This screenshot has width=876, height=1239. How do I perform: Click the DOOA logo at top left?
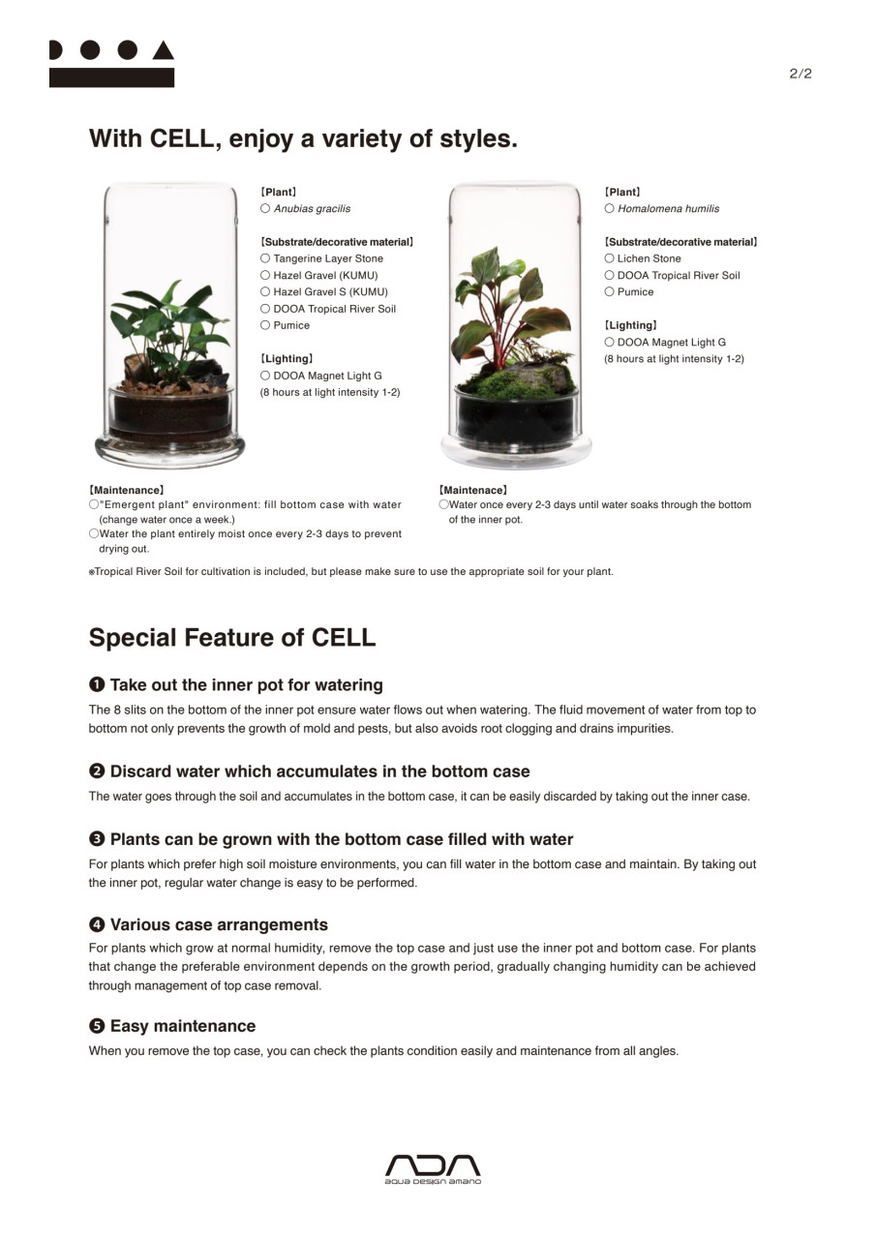111,64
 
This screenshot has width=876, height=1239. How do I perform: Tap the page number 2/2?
800,74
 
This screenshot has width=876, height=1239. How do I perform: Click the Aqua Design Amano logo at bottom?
433,1168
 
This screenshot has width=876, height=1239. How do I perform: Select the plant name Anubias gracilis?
312,209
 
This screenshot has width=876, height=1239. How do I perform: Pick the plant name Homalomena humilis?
668,209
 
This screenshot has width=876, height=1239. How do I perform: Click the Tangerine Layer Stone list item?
328,258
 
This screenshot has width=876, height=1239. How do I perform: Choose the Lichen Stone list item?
649,258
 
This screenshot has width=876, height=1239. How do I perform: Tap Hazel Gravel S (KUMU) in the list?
330,292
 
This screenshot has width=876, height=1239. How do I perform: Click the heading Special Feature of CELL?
232,638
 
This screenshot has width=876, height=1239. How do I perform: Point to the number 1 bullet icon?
97,685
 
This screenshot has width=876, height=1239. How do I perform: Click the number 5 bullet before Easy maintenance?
97,1026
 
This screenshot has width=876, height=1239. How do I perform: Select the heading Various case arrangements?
219,924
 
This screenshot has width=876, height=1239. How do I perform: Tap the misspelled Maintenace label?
472,491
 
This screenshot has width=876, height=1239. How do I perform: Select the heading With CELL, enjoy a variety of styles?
303,138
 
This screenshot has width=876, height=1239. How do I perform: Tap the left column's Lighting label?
287,359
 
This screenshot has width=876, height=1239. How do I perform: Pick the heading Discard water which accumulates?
319,771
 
